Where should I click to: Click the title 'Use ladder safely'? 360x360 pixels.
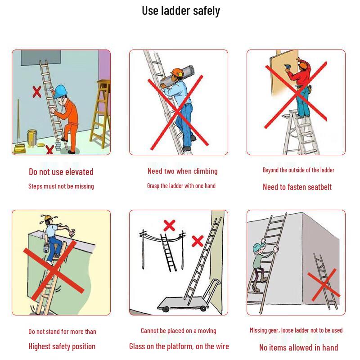(x=181, y=11)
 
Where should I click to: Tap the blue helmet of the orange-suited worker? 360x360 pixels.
(x=61, y=91)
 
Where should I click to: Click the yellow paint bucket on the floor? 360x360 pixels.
(x=32, y=138)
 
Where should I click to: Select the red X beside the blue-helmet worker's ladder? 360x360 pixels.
(x=37, y=92)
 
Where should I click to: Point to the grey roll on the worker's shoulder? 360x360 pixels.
(x=177, y=75)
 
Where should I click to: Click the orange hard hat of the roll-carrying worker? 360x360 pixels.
(x=177, y=72)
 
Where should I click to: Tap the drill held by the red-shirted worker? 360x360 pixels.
(x=288, y=67)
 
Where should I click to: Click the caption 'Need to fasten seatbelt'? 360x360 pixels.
(x=297, y=187)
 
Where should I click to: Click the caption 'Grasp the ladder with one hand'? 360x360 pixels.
(x=181, y=186)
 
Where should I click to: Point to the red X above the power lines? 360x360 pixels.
(x=170, y=225)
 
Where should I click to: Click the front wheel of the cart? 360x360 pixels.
(x=165, y=309)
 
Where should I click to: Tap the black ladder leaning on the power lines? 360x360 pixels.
(x=168, y=252)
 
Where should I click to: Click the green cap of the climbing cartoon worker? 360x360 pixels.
(x=259, y=247)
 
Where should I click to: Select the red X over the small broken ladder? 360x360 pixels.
(x=323, y=285)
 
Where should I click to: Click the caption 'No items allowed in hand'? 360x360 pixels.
(x=298, y=347)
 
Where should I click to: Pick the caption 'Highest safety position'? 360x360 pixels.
(x=62, y=346)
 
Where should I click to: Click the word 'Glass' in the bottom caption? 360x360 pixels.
(x=136, y=346)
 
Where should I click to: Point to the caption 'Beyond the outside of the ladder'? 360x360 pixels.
(x=298, y=170)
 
